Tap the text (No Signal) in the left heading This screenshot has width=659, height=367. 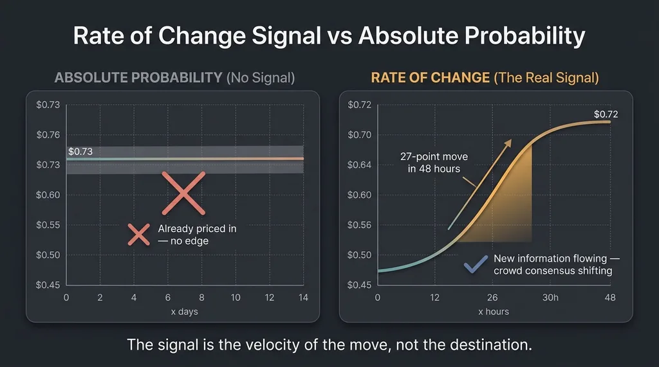[262, 78]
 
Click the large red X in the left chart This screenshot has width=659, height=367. [183, 193]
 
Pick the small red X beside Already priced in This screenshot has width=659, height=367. [139, 235]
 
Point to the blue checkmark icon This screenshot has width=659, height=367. [476, 264]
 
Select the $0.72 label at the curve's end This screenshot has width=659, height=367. [606, 114]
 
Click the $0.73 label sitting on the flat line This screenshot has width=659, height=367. [80, 152]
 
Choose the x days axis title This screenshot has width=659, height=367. [185, 312]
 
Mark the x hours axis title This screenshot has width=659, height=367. [494, 312]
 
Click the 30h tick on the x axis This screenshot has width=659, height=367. [551, 298]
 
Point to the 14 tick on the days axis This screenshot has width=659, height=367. [304, 298]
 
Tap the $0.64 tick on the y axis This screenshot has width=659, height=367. [359, 165]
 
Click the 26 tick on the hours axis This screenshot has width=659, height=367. [492, 298]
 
